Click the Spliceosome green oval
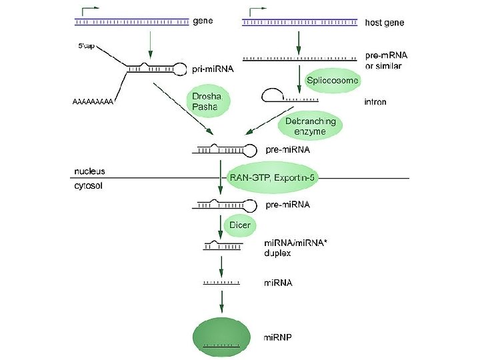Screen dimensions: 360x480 332,81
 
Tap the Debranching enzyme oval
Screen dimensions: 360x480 310,127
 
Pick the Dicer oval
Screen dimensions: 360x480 239,225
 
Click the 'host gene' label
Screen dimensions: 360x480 384,23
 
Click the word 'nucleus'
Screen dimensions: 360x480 89,171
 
